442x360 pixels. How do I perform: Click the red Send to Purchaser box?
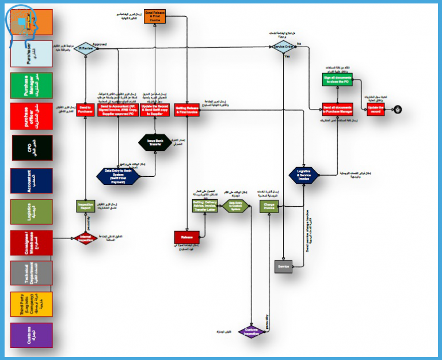85,108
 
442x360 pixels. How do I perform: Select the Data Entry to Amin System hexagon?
117,175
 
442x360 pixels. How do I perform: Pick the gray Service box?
283,267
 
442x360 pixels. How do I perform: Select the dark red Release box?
186,237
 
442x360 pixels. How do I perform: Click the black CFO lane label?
32,149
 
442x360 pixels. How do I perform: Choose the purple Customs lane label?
32,335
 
